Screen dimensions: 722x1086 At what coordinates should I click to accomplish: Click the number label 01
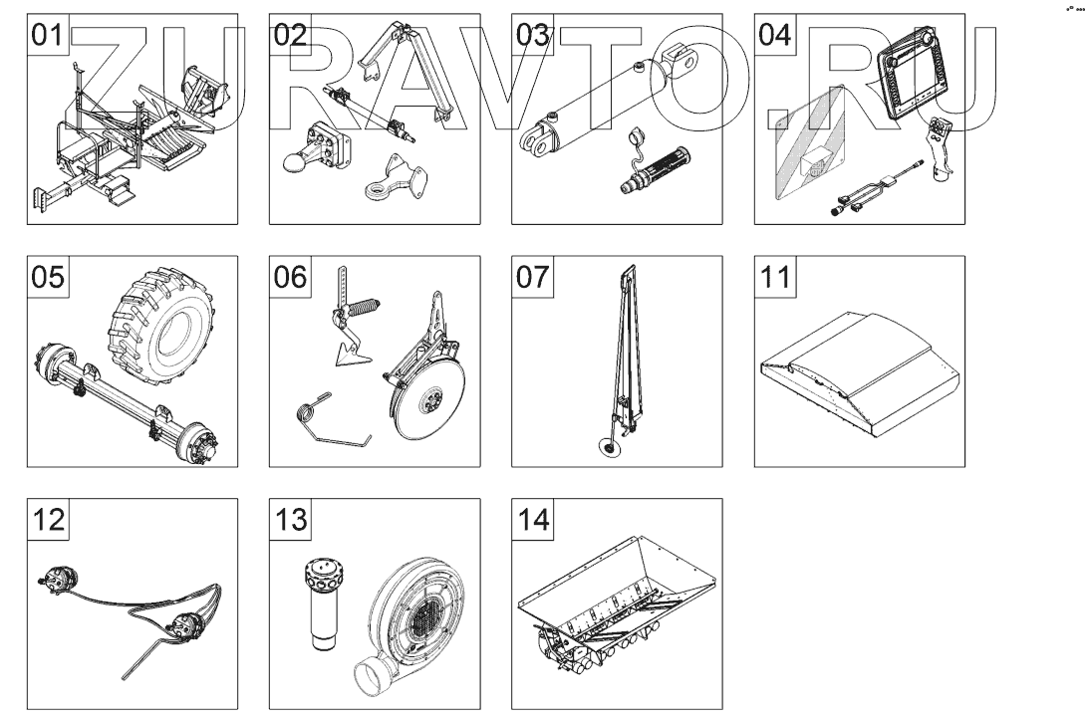(x=47, y=35)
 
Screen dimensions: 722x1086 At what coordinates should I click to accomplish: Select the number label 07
(x=532, y=277)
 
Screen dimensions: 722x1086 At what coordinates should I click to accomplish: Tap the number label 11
(x=774, y=277)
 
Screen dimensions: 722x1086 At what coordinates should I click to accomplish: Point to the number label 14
(x=532, y=519)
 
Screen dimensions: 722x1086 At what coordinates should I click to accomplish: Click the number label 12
(x=47, y=519)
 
